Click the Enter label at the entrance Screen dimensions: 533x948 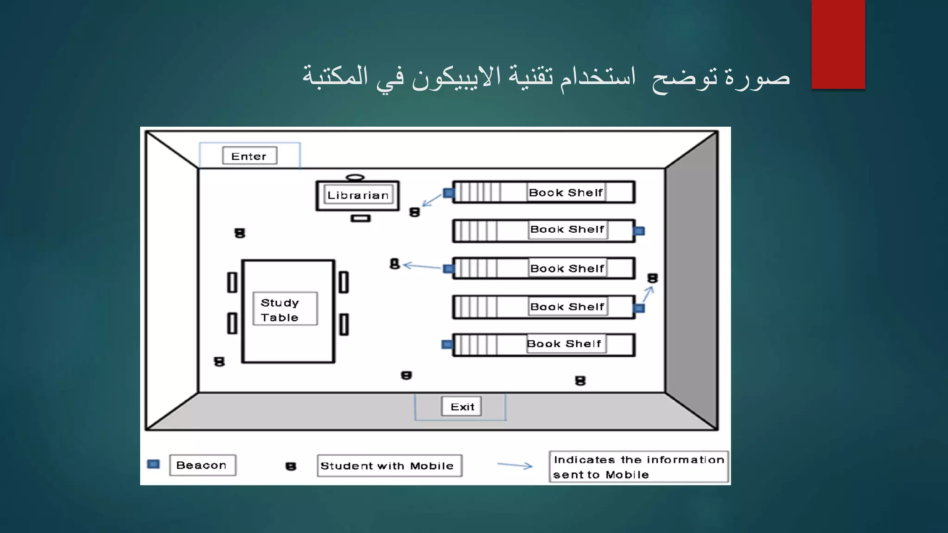pyautogui.click(x=249, y=156)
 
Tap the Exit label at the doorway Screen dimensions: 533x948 pyautogui.click(x=462, y=407)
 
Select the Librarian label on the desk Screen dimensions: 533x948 pyautogui.click(x=358, y=195)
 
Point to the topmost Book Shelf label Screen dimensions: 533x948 pyautogui.click(x=566, y=192)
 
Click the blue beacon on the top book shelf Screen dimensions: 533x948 pyautogui.click(x=448, y=193)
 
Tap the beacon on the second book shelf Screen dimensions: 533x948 pyautogui.click(x=639, y=231)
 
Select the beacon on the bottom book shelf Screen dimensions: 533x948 pyautogui.click(x=447, y=344)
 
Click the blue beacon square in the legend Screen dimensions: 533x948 pyautogui.click(x=153, y=464)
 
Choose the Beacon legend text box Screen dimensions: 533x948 pyautogui.click(x=202, y=465)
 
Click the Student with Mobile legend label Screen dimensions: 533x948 pyautogui.click(x=389, y=465)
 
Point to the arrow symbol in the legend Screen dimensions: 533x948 pyautogui.click(x=515, y=465)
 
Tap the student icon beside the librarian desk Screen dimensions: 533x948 pyautogui.click(x=414, y=212)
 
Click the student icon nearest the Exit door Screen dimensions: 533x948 pyautogui.click(x=406, y=375)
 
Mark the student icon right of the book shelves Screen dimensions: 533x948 pyautogui.click(x=652, y=278)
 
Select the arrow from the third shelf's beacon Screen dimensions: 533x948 pyautogui.click(x=422, y=266)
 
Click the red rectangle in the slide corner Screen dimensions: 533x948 pyautogui.click(x=838, y=44)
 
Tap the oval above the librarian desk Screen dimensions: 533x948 pyautogui.click(x=355, y=177)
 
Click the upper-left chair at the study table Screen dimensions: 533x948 pyautogui.click(x=232, y=282)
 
